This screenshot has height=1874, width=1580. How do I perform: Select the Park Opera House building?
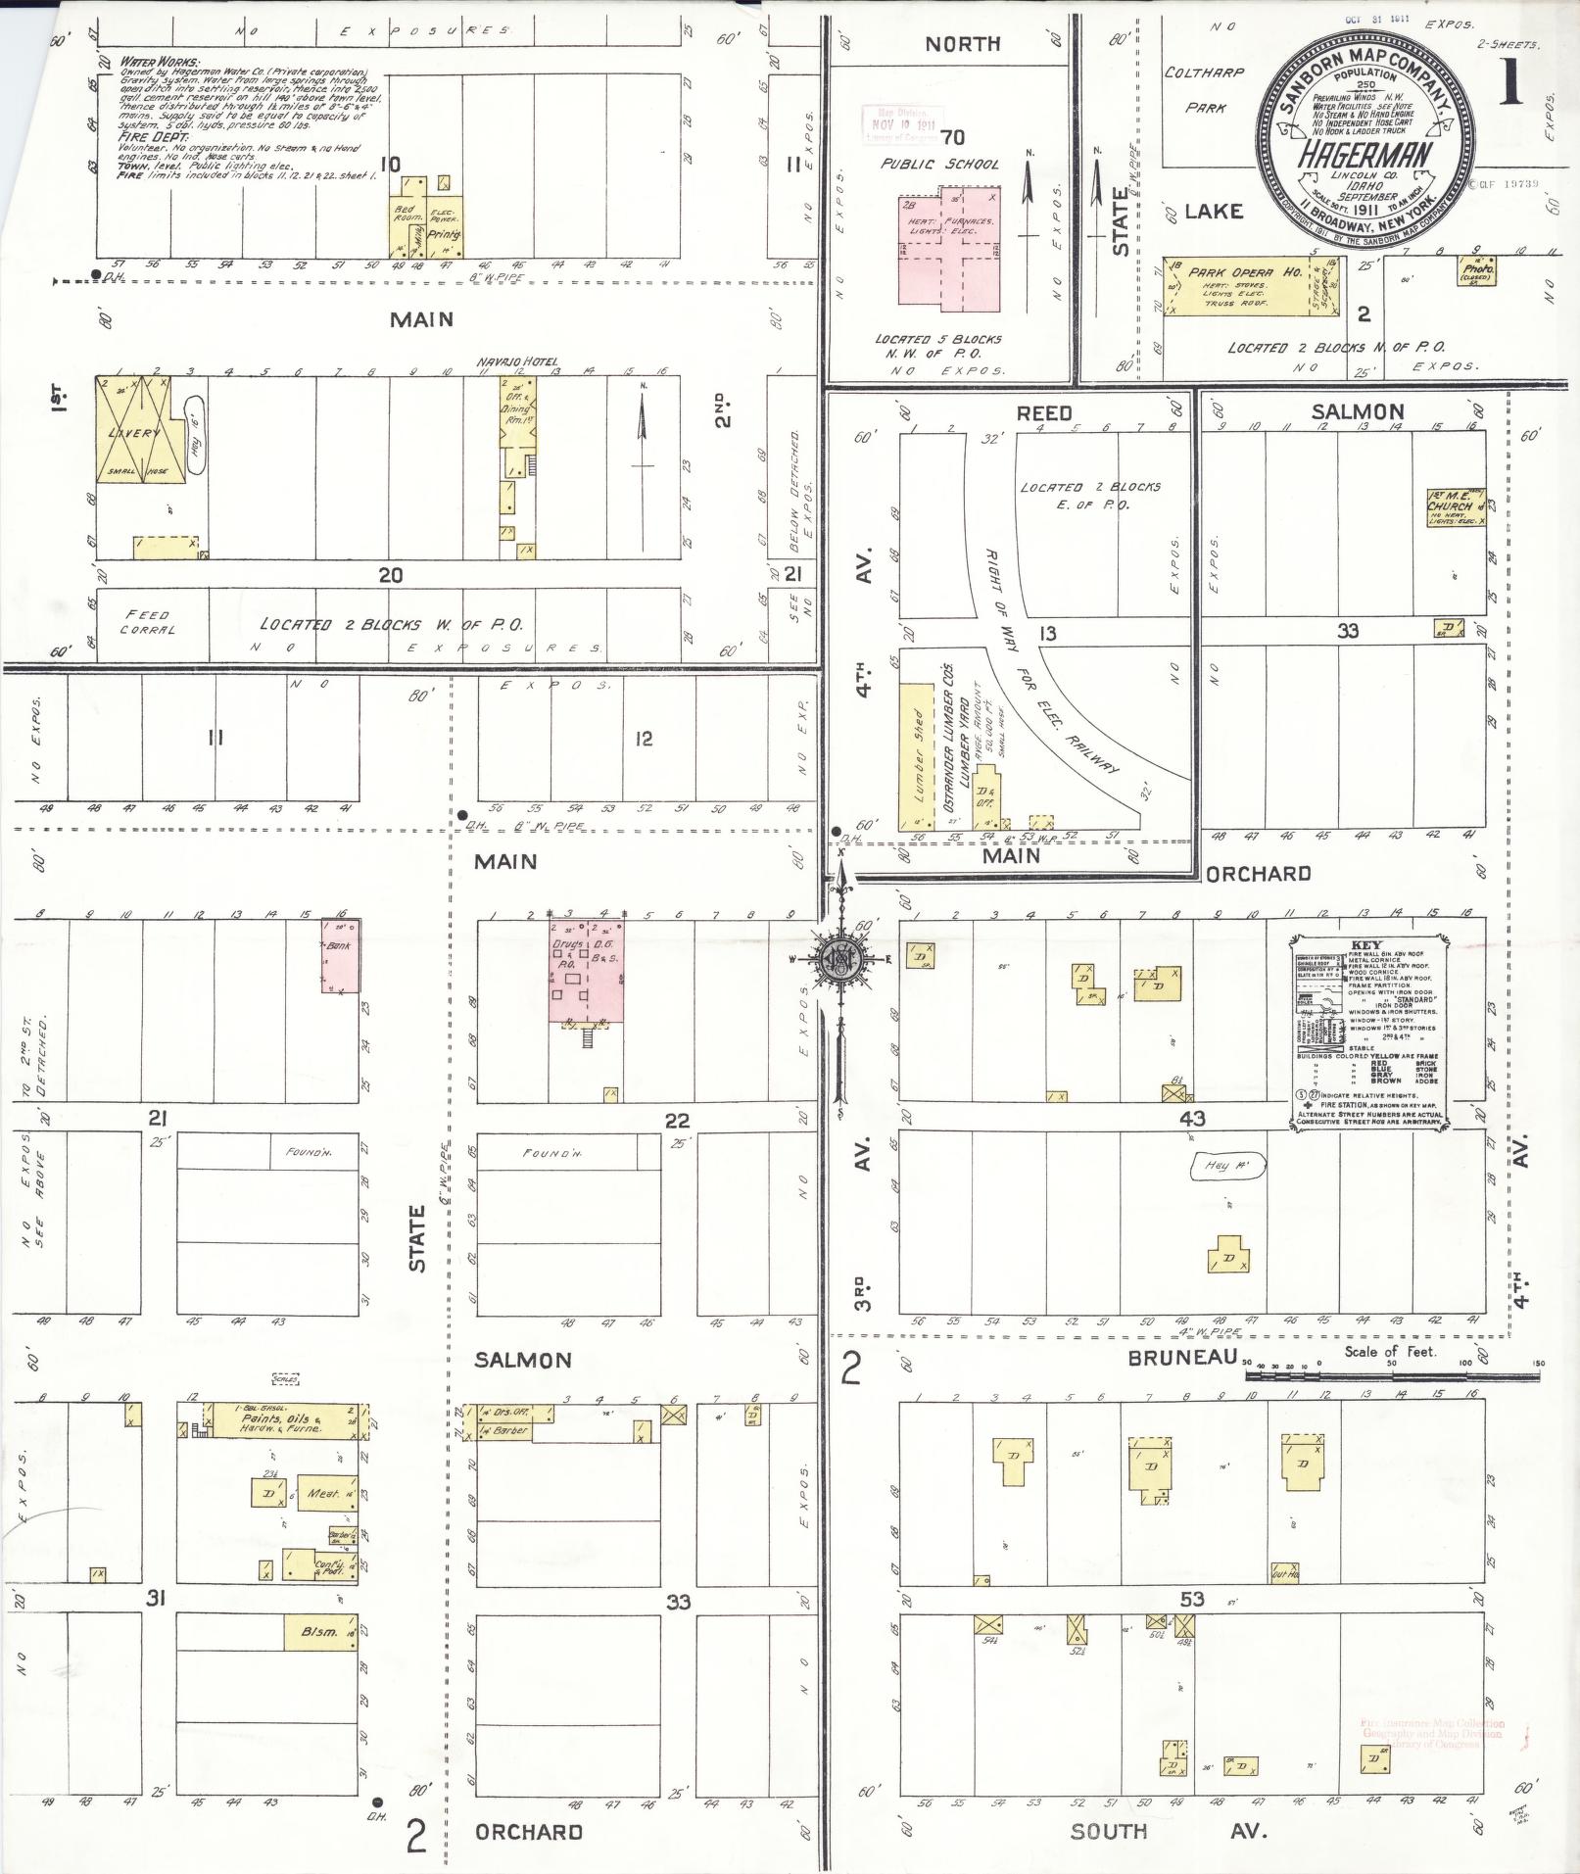(x=1244, y=287)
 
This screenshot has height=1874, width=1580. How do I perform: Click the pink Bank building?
(x=341, y=955)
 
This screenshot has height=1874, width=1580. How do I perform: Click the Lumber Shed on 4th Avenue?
(x=918, y=754)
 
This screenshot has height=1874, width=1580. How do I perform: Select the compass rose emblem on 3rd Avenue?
(x=840, y=961)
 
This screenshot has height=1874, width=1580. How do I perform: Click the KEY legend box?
(x=1367, y=1032)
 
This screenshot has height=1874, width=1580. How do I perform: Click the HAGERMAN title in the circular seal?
(x=1364, y=154)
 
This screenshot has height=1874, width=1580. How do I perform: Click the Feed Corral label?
(x=147, y=622)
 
